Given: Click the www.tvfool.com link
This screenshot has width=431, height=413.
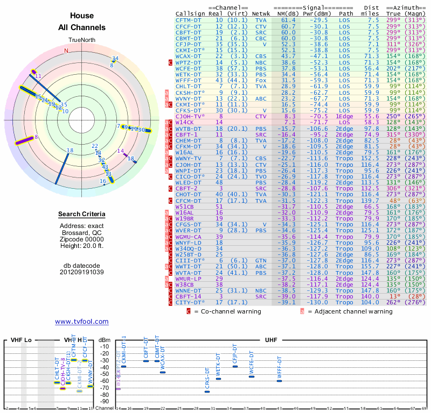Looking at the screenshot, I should [x=82, y=322].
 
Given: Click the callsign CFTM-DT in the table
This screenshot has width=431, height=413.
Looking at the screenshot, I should [x=189, y=19].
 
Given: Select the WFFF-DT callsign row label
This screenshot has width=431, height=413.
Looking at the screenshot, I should [x=189, y=80].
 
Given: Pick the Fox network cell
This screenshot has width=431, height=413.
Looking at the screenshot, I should [x=261, y=80].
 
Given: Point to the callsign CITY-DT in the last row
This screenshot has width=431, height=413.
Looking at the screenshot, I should [x=189, y=302].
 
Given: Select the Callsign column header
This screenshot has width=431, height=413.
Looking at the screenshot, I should [x=190, y=13].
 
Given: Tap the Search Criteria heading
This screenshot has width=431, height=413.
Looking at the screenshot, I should [x=82, y=215].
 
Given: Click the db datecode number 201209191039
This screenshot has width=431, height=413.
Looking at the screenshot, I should [x=82, y=272].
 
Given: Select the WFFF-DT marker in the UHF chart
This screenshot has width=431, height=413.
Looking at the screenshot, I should [x=280, y=381].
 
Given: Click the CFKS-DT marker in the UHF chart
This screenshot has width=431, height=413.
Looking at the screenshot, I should [x=207, y=391].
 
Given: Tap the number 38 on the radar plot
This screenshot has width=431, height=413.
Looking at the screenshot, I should [x=69, y=150].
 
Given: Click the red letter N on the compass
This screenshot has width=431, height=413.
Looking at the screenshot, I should [x=66, y=51].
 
